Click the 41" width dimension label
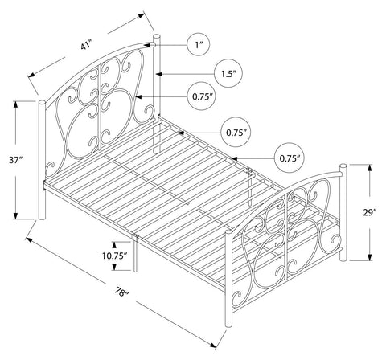click(x=86, y=45)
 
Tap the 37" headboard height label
click(x=15, y=160)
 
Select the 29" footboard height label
click(x=370, y=213)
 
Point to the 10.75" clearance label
click(x=114, y=256)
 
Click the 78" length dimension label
click(x=122, y=292)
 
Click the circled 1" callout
click(x=198, y=45)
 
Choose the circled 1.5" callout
click(x=228, y=73)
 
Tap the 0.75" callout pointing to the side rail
click(x=289, y=158)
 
